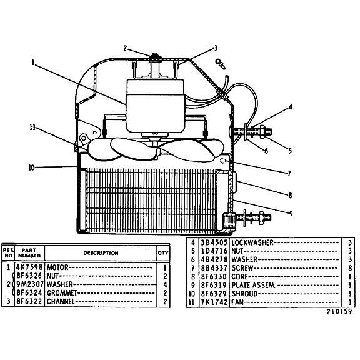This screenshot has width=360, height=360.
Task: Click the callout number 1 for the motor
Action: pos(33,62)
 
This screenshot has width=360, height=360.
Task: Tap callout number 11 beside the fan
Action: pos(32,127)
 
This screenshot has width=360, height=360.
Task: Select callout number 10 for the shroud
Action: pos(31,167)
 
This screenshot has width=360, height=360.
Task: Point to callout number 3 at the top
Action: pos(216,48)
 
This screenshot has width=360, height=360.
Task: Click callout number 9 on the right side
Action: pos(291,214)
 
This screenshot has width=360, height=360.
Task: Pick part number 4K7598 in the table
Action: pos(29,267)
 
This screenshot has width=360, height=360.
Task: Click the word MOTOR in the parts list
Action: pos(57,267)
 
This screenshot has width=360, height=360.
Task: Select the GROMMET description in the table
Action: pos(62,293)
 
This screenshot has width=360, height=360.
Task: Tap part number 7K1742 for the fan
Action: pos(214,302)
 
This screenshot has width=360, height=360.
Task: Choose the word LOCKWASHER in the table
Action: pos(252,242)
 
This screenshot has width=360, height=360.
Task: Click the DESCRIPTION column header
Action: pos(101,253)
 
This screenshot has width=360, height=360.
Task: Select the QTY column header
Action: pos(163,252)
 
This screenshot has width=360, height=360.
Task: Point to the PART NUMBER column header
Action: pos(29,252)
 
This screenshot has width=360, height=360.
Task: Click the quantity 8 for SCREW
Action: pos(350,268)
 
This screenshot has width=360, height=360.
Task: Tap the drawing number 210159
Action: pos(339,311)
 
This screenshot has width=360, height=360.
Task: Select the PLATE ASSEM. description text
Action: pos(253,285)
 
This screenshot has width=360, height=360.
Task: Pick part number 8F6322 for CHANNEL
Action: pos(29,301)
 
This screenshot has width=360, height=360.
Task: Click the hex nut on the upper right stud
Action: pos(262,132)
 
